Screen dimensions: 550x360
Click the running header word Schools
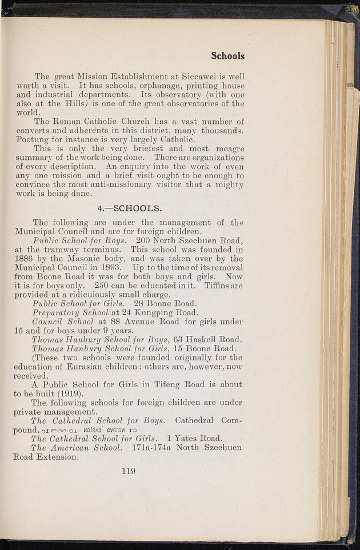tap(227, 55)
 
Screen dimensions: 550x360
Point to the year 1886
tap(26, 258)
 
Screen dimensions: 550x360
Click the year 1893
tap(121, 267)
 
